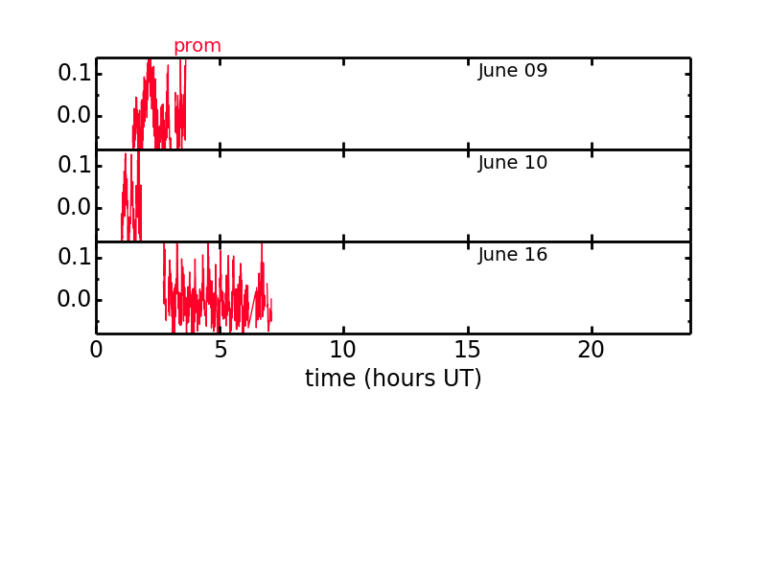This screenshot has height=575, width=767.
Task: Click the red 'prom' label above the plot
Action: tap(198, 46)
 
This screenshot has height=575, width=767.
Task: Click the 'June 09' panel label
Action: tap(512, 70)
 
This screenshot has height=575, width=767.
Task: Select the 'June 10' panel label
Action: tap(512, 162)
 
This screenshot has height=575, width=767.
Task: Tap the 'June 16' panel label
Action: tap(512, 254)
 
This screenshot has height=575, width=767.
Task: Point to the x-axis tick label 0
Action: tap(97, 350)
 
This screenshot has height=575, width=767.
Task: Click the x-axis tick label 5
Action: tap(221, 350)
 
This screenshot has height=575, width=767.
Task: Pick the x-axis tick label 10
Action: tap(343, 350)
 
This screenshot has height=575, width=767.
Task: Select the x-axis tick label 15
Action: tap(467, 350)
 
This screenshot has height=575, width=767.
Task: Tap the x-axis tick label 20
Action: tap(591, 350)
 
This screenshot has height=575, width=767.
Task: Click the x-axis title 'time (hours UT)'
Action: tap(393, 379)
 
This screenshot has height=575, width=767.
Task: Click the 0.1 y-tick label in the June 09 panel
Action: tap(75, 74)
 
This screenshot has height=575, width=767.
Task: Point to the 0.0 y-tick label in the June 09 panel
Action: tap(75, 115)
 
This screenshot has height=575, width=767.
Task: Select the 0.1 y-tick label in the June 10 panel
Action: tap(75, 165)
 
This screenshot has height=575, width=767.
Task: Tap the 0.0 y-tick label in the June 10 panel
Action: tap(75, 207)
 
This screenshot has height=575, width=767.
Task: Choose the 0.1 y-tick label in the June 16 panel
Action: tap(75, 257)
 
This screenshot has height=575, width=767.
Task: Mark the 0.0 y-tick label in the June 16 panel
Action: tap(75, 299)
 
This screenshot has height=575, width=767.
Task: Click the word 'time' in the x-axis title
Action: tap(330, 379)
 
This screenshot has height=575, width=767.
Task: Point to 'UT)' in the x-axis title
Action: tap(463, 379)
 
